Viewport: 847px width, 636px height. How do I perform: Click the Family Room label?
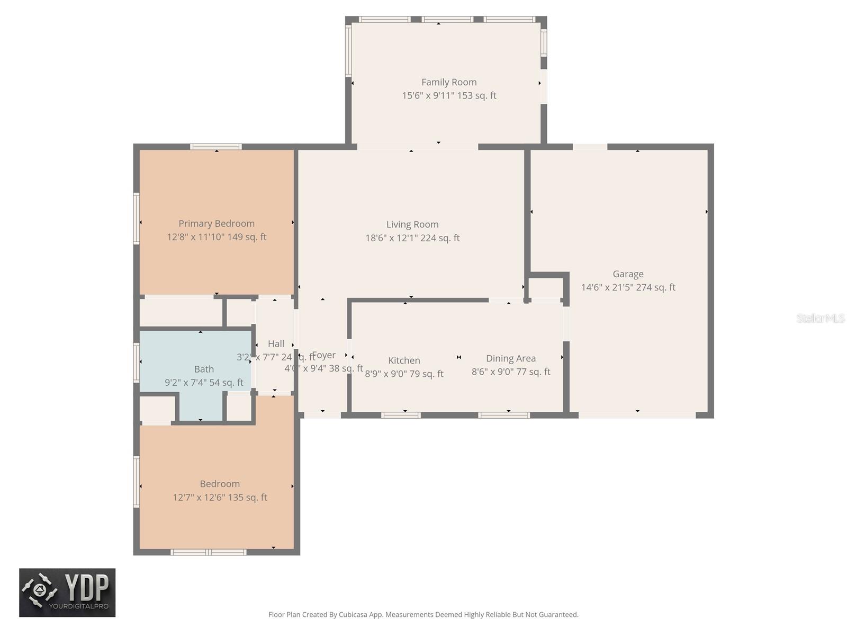pos(449,82)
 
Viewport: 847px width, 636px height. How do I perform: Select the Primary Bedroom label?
pos(217,224)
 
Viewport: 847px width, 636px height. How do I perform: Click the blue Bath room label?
pos(204,369)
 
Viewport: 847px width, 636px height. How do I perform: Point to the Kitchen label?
pos(404,360)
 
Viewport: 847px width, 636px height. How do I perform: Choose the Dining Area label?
pos(511,358)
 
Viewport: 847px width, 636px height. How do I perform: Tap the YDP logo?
pos(67,593)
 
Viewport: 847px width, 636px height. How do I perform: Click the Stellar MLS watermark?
pos(820,318)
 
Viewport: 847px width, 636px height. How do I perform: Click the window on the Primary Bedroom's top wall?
pos(216,147)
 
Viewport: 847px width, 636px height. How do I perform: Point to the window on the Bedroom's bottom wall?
pos(209,552)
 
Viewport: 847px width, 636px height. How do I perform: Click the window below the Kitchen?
pos(401,415)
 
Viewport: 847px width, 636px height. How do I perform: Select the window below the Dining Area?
pos(504,415)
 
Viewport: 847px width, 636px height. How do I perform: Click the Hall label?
pos(276,343)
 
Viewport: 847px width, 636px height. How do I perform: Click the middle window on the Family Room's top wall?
pos(447,20)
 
